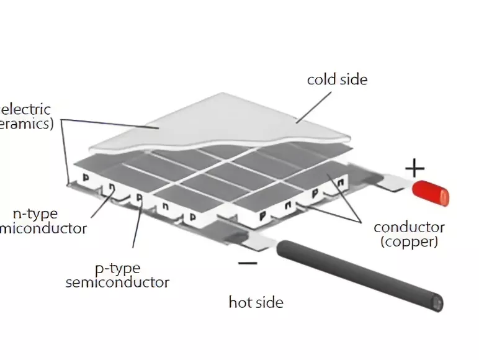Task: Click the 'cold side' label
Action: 337,79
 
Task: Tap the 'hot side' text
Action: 256,302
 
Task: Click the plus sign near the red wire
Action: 414,168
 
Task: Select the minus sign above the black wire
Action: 247,263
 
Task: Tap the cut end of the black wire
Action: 439,303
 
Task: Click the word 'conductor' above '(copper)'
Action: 409,227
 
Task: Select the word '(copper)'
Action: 409,241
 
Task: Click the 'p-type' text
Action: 117,268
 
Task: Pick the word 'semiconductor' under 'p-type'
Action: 117,282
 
